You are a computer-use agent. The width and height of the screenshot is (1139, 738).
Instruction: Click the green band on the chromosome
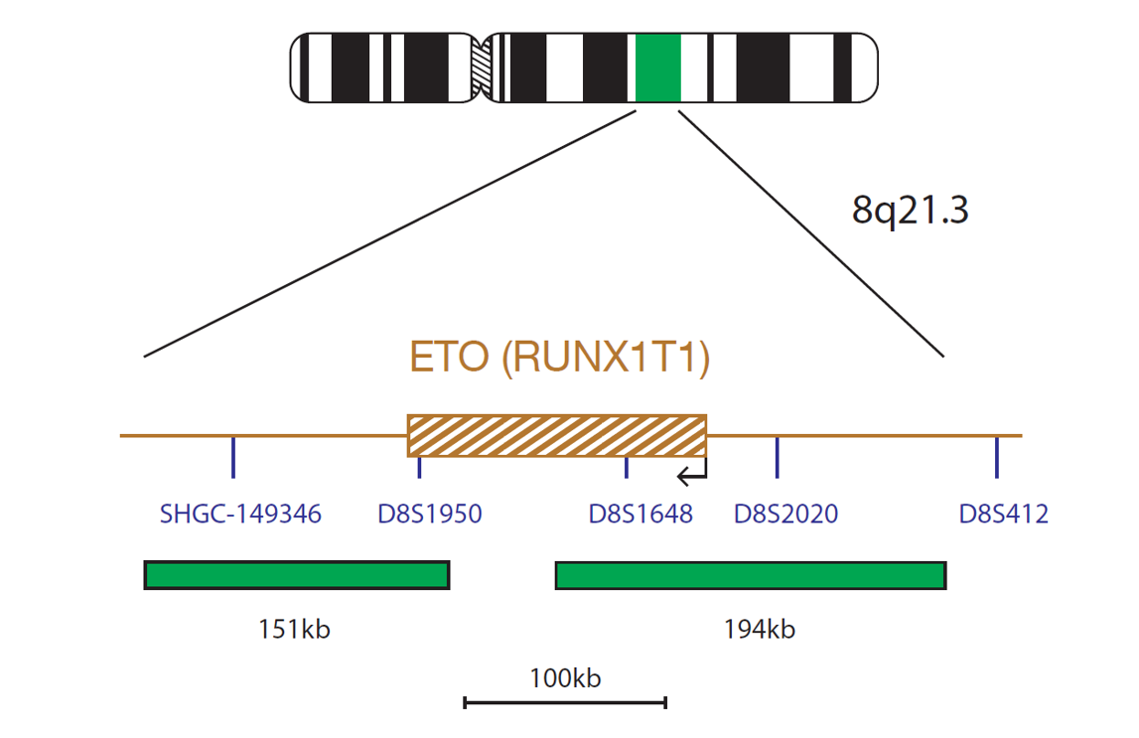pyautogui.click(x=658, y=68)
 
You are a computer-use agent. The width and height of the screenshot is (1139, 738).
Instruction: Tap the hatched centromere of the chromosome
pyautogui.click(x=482, y=68)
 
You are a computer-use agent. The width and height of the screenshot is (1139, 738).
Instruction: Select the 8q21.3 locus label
pyautogui.click(x=911, y=210)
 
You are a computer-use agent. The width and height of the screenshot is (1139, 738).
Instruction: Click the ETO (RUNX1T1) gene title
pyautogui.click(x=559, y=357)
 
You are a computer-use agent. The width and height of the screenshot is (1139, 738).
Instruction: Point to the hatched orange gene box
pyautogui.click(x=557, y=436)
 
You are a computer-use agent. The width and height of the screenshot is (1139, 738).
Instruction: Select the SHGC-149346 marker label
pyautogui.click(x=240, y=515)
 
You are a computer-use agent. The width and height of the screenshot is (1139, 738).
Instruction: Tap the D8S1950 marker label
pyautogui.click(x=430, y=515)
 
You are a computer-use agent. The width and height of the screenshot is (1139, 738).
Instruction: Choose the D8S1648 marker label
pyautogui.click(x=641, y=515)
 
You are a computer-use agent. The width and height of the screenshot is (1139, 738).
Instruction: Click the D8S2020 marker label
pyautogui.click(x=785, y=515)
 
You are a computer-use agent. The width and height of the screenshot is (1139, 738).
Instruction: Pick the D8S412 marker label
pyautogui.click(x=1004, y=515)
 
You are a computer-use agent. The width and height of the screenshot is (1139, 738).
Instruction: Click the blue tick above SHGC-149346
pyautogui.click(x=233, y=457)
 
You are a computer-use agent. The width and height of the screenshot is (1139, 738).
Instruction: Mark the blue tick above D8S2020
pyautogui.click(x=778, y=457)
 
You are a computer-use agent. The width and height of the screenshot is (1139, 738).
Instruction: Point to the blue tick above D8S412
pyautogui.click(x=997, y=457)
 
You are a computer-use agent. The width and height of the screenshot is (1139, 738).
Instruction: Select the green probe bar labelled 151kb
pyautogui.click(x=297, y=575)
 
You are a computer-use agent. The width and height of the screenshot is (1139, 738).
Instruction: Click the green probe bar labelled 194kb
pyautogui.click(x=751, y=575)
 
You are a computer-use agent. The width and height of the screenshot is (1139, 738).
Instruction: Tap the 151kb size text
pyautogui.click(x=294, y=629)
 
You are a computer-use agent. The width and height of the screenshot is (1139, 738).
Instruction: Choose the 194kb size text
pyautogui.click(x=759, y=629)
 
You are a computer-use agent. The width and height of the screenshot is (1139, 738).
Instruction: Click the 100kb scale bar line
pyautogui.click(x=565, y=702)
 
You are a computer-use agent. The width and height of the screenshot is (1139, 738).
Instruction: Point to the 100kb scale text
pyautogui.click(x=565, y=678)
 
